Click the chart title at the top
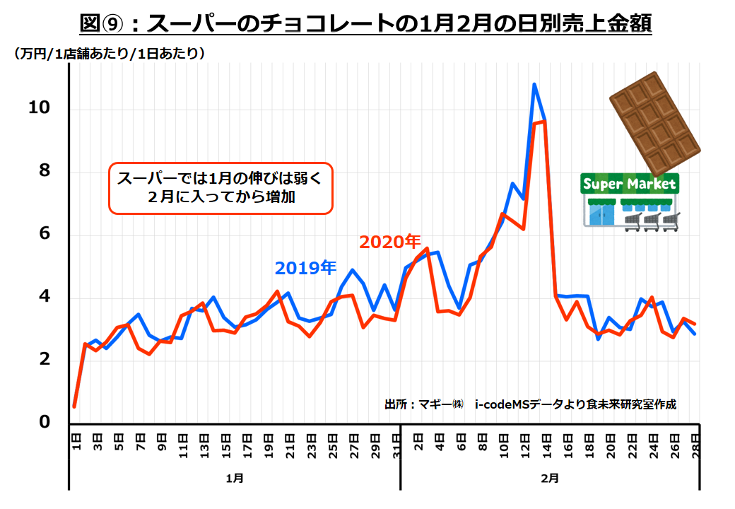[x=366, y=23]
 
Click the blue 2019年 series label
[x=305, y=268]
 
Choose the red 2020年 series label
[x=389, y=242]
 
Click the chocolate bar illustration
[x=654, y=124]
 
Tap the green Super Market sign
[x=628, y=185]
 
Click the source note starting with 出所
[x=530, y=404]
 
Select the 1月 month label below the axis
[x=235, y=478]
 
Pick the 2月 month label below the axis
[x=550, y=478]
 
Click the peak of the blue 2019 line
[x=534, y=84]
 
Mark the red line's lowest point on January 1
[x=74, y=406]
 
